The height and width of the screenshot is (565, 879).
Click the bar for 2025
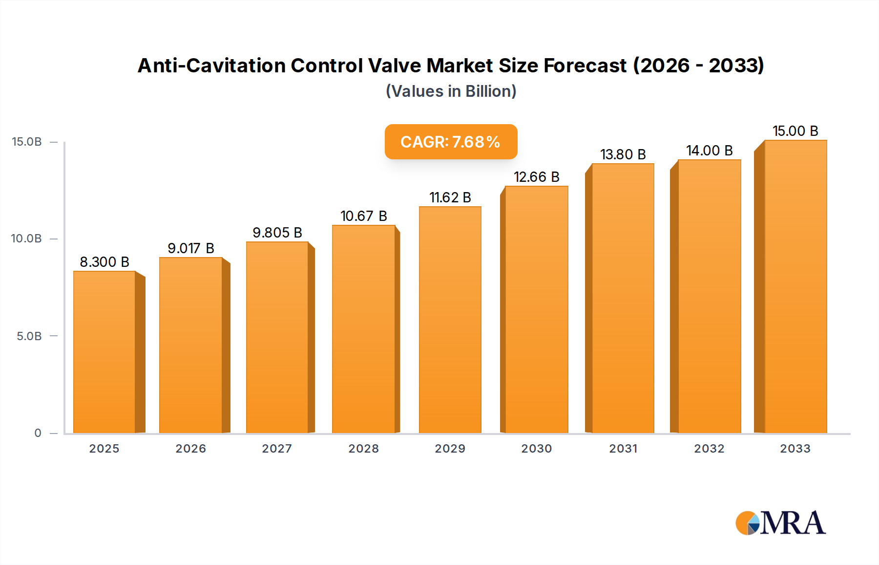(105, 352)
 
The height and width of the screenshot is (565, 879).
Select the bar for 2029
(450, 320)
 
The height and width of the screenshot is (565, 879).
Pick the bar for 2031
(623, 298)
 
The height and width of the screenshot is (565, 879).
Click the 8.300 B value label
(105, 262)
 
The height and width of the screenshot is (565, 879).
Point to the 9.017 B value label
(191, 248)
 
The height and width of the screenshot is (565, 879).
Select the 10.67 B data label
(363, 216)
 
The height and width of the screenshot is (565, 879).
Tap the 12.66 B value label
(536, 177)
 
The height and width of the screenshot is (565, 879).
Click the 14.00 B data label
(709, 151)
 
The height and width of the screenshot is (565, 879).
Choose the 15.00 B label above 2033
(795, 131)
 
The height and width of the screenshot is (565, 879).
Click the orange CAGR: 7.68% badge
(451, 142)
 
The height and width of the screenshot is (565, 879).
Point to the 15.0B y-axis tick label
(27, 142)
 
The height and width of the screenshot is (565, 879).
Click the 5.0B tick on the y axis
(29, 336)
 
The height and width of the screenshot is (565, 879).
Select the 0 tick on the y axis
(38, 433)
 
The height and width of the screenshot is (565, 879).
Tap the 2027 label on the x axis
(277, 449)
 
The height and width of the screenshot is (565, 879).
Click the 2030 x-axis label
(536, 449)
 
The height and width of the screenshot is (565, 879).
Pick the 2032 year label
(709, 449)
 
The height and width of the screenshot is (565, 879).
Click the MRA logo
(780, 523)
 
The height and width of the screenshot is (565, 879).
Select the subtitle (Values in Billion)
(451, 91)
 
